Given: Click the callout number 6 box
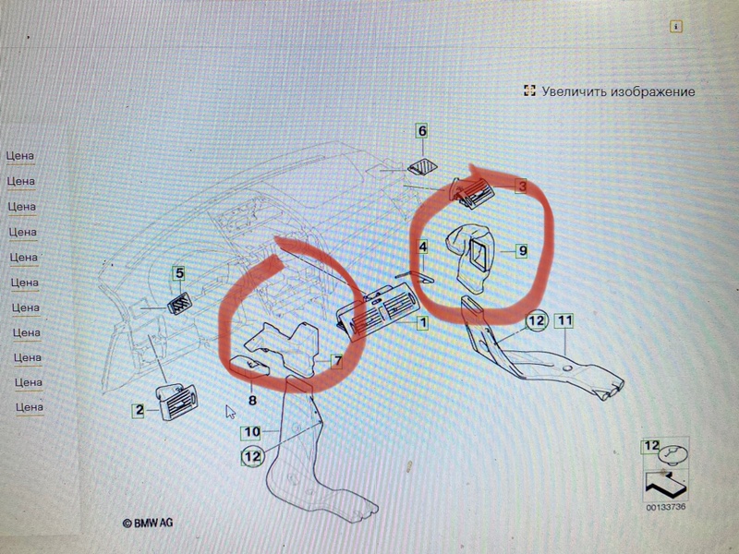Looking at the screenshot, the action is click(x=422, y=130).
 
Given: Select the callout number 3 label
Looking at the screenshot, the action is click(x=522, y=187).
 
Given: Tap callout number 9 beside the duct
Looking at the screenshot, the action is click(x=522, y=250).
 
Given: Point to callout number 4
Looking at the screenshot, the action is click(x=423, y=247).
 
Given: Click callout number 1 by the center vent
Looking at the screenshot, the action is click(x=423, y=322).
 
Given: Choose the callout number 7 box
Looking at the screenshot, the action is click(x=337, y=361).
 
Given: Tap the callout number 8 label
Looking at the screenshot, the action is click(x=252, y=401).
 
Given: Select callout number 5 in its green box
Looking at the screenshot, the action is click(x=179, y=272).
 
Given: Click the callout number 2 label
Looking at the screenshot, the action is click(x=139, y=410).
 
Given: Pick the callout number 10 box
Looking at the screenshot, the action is click(x=251, y=432).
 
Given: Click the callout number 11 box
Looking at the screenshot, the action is click(x=564, y=320).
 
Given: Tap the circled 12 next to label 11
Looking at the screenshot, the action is click(x=537, y=321).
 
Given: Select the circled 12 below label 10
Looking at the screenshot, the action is click(x=252, y=456).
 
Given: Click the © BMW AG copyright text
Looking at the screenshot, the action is click(x=148, y=523).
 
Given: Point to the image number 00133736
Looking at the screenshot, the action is click(x=665, y=507).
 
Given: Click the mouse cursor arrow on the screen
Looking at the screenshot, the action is click(x=230, y=412).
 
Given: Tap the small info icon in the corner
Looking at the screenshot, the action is click(x=676, y=27).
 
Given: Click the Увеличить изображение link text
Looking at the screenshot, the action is click(x=618, y=91).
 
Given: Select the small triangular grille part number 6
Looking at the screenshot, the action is click(x=422, y=167).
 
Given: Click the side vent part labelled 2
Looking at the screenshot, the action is click(x=176, y=402).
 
